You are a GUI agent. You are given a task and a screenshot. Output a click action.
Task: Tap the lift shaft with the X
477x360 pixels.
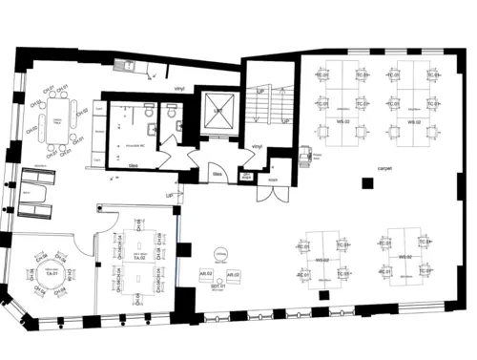218,111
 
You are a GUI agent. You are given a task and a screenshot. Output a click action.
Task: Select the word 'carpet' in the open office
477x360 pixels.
384,167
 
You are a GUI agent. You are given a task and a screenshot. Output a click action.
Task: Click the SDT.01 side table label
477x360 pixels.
218,286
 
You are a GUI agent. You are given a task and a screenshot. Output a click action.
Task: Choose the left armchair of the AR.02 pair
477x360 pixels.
205,275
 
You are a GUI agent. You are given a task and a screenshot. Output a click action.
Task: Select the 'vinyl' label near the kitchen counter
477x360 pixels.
177,88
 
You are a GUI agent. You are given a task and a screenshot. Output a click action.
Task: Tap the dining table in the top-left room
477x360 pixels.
56,122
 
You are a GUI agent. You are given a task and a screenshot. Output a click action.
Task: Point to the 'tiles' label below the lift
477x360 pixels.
217,175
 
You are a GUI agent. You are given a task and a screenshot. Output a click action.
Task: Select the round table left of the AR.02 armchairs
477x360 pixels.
220,253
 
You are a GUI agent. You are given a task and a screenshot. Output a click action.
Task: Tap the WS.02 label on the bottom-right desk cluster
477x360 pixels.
404,257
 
